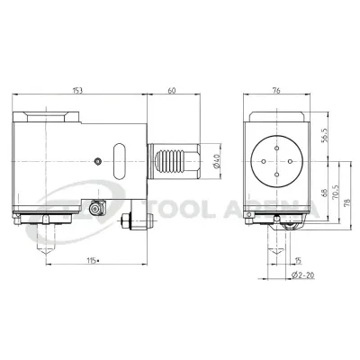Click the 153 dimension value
(77, 90)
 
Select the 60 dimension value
(172, 90)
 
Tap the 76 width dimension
(276, 90)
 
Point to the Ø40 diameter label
(217, 161)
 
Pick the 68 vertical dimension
(324, 193)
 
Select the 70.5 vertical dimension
(335, 192)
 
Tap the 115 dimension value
(93, 260)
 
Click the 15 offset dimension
(298, 260)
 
